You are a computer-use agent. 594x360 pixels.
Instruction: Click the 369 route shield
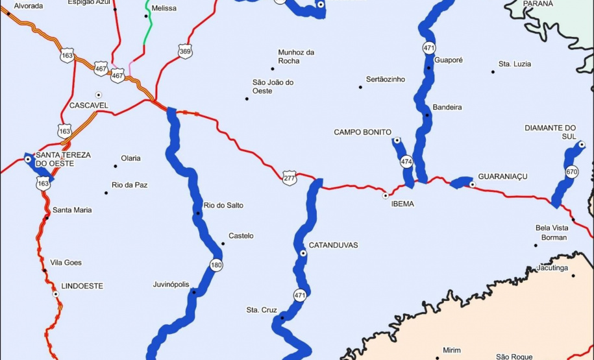pos(186,52)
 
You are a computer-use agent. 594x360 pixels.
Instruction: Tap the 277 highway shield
pos(290,177)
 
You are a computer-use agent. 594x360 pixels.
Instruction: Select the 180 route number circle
pos(215,265)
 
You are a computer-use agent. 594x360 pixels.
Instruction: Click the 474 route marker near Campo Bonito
pos(406,162)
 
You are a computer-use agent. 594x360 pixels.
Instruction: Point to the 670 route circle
pos(571,172)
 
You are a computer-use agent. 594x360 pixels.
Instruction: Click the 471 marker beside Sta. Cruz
pos(299,295)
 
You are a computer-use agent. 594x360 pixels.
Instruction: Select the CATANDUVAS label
pos(333,245)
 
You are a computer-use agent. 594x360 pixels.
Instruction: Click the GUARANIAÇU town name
pos(502,176)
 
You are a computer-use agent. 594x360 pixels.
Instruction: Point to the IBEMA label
pos(402,204)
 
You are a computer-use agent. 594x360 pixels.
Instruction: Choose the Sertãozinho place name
pos(386,79)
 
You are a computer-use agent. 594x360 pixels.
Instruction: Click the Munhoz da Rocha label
pos(296,56)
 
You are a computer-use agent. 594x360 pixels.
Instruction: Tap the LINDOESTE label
pos(82,285)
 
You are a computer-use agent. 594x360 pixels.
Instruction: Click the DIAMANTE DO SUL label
pos(551,132)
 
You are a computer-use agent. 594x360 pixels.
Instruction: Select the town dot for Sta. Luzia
pos(493,71)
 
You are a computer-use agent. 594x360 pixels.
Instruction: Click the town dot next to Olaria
pos(116,158)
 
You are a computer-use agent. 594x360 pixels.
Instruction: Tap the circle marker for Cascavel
pos(99,94)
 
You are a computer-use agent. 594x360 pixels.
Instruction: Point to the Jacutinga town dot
pos(574,275)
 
